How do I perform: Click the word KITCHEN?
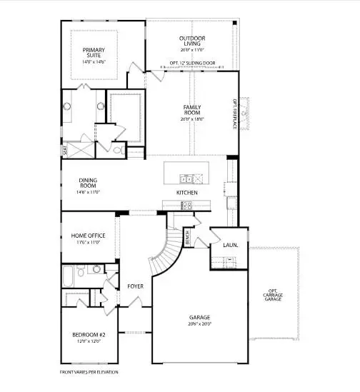(x=187, y=193)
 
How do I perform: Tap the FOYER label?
(x=136, y=286)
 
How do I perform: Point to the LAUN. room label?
(x=230, y=245)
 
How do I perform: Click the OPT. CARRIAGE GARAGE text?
(x=275, y=295)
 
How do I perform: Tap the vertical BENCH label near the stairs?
(x=187, y=238)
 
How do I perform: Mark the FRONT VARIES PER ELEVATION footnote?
(x=89, y=372)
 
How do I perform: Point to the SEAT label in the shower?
(x=65, y=151)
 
